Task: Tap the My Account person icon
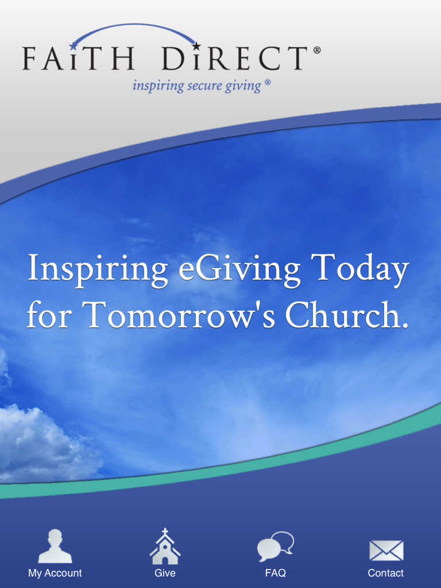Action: tap(55, 546)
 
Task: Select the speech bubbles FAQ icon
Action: tap(276, 547)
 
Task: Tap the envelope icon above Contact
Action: tap(386, 551)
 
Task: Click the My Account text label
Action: tap(55, 574)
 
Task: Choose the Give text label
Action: tap(165, 573)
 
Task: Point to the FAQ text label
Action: tap(276, 573)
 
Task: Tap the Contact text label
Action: tap(385, 573)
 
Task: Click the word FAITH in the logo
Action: tap(78, 58)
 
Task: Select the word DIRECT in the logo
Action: tap(235, 58)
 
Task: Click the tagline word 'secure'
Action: tap(204, 86)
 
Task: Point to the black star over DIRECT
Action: tap(196, 46)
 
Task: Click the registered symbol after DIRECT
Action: tap(317, 50)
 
